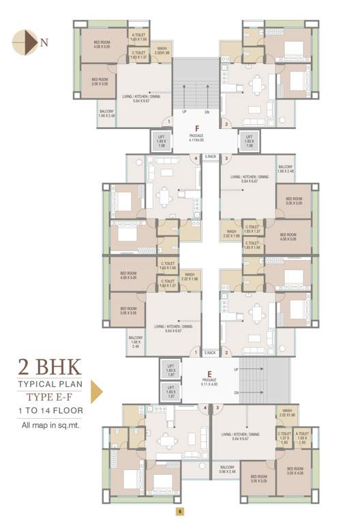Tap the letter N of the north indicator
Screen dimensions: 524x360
point(44,42)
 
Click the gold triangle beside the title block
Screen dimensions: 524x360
point(96,392)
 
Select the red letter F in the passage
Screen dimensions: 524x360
point(196,128)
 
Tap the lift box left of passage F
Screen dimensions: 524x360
point(162,141)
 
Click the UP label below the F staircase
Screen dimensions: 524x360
point(184,112)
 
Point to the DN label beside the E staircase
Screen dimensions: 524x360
point(235,392)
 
